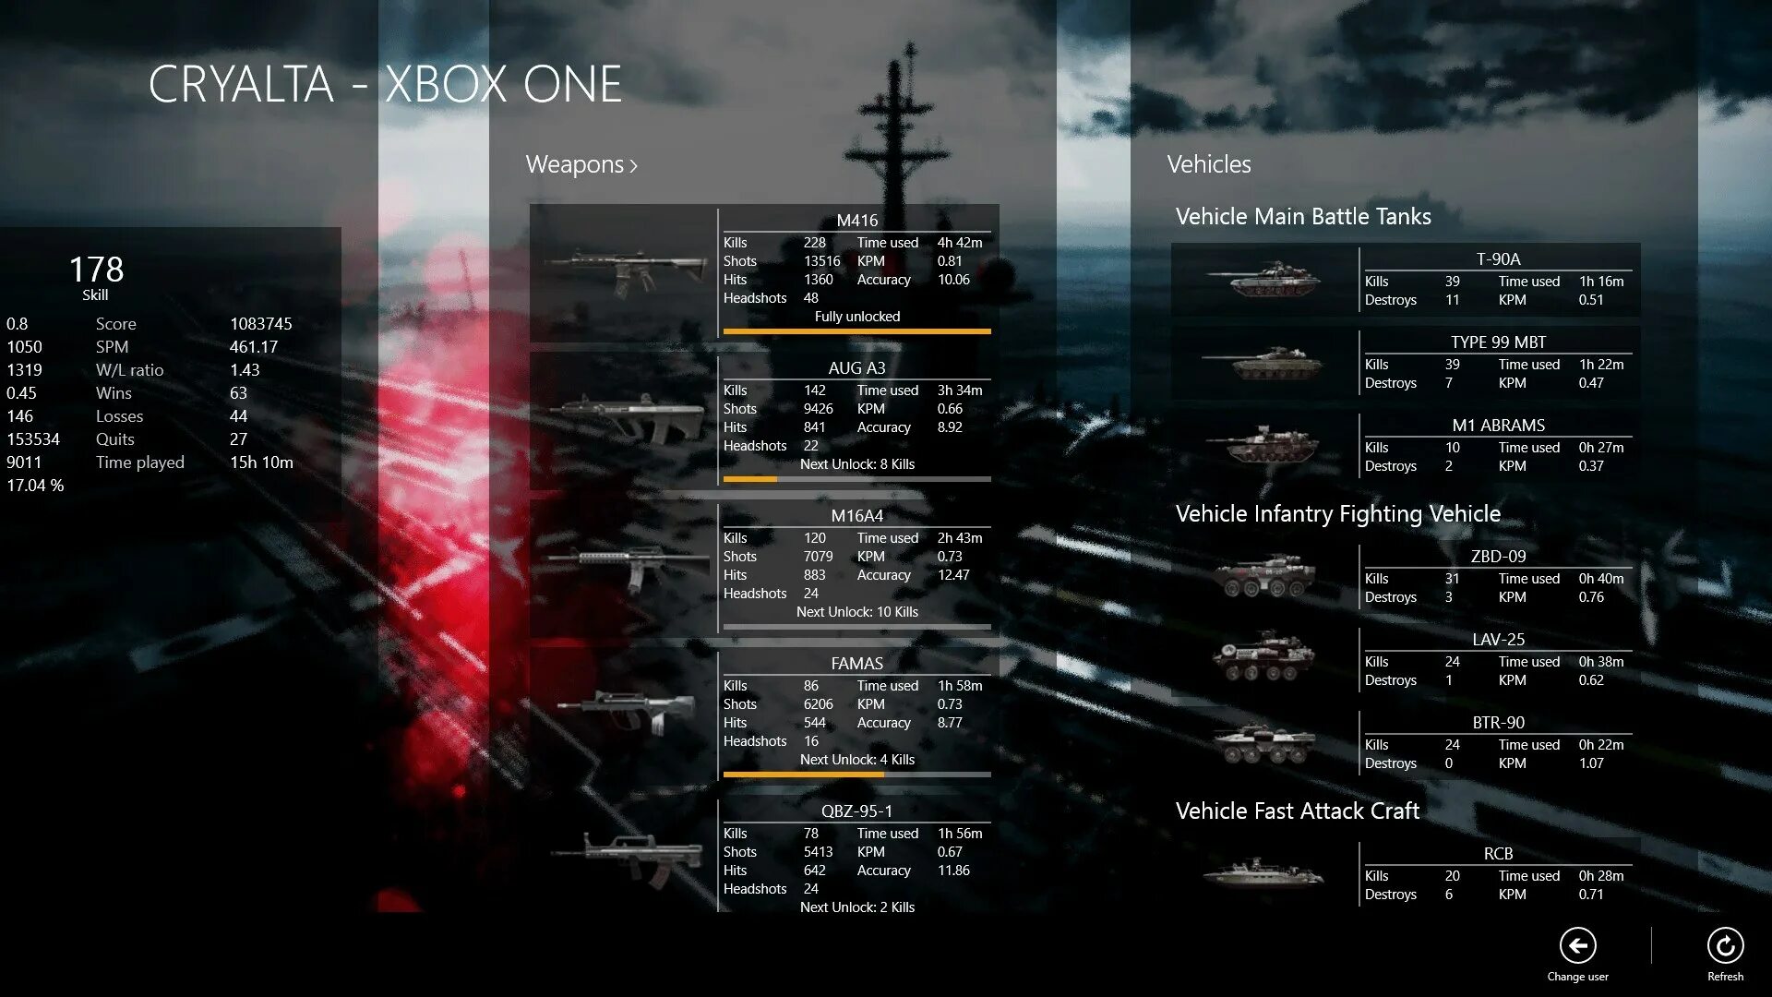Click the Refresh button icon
[1725, 945]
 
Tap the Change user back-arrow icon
[1577, 945]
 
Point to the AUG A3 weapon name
[856, 368]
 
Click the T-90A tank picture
[1263, 279]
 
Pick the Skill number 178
[96, 270]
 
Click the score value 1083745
[260, 324]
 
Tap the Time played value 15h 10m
[261, 462]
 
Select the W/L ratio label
[129, 370]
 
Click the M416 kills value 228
[814, 243]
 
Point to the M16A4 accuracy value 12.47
[953, 575]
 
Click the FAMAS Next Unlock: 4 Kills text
[856, 760]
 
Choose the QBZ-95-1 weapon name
[856, 811]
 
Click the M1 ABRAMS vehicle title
[1498, 426]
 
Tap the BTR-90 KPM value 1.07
[1591, 763]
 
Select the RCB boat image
[1263, 871]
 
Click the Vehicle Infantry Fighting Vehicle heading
[1337, 514]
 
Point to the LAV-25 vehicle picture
[1263, 657]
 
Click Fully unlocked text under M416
[856, 317]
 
